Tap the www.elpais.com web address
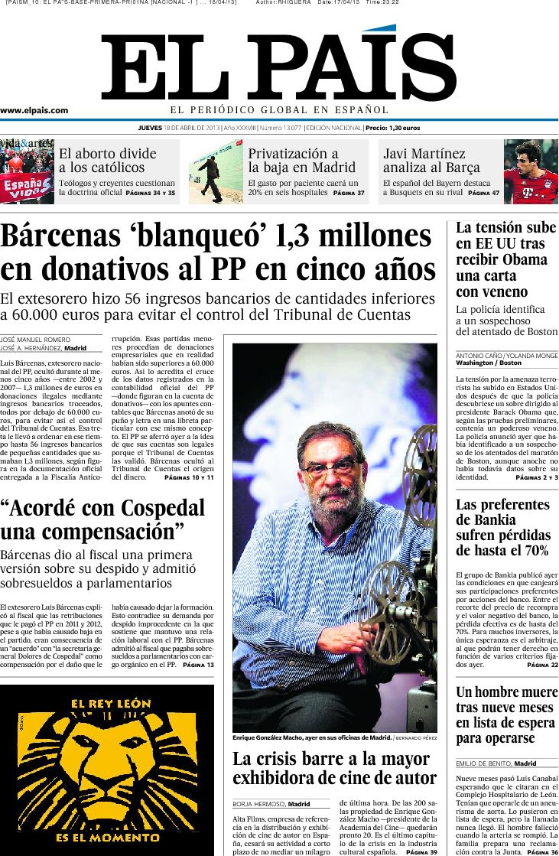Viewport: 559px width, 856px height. pos(34,110)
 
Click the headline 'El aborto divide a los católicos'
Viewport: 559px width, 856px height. pos(107,160)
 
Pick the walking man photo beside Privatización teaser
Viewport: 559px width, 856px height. pos(216,172)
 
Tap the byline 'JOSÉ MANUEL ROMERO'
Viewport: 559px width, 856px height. pos(34,340)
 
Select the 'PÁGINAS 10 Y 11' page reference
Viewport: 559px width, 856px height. pos(189,477)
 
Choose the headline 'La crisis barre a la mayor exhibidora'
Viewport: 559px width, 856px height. pos(333,768)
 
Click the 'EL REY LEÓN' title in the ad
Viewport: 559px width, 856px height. pos(106,704)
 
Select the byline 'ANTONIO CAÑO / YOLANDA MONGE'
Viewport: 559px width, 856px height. pos(506,356)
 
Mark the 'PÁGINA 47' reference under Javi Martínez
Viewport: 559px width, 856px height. pos(483,194)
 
